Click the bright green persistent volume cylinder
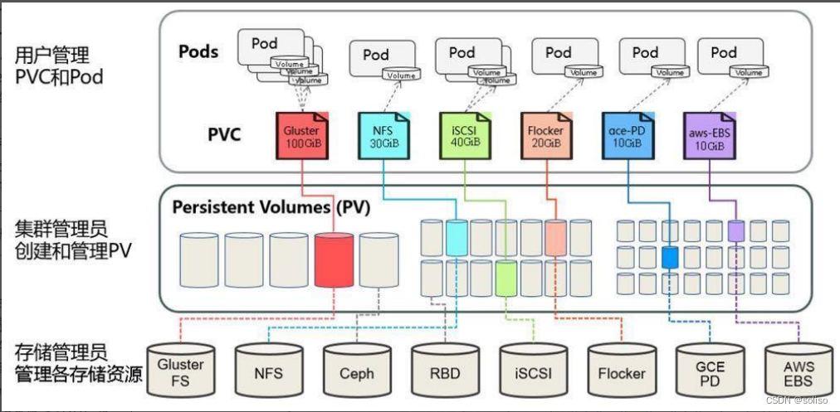click(506, 277)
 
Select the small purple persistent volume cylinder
click(735, 230)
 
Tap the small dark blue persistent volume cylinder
click(671, 257)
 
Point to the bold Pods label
click(198, 51)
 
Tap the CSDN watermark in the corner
click(803, 400)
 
